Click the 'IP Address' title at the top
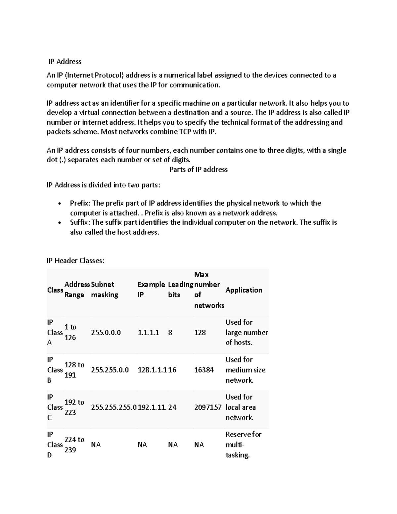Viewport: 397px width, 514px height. coord(65,62)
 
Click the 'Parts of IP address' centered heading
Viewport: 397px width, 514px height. coord(198,169)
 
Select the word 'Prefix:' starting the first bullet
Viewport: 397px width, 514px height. coord(79,203)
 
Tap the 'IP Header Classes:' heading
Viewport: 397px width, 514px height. coord(75,261)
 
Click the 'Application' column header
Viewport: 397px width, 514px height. coord(244,290)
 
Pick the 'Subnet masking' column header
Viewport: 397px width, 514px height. coord(104,290)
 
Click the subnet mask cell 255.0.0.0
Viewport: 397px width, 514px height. coord(106,332)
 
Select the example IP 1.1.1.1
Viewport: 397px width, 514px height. coord(148,332)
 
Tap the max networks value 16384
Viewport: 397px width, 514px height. coord(204,370)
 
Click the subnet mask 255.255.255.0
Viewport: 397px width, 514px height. coord(113,407)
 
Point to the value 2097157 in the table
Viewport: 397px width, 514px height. coord(207,407)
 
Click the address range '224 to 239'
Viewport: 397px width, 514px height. coord(74,444)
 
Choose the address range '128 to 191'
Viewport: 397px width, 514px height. coord(74,370)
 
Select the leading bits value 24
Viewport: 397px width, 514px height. coord(172,407)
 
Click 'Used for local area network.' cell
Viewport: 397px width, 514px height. coord(241,407)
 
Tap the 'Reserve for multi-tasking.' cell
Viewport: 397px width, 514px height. coord(243,444)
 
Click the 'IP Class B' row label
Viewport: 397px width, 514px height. coord(55,370)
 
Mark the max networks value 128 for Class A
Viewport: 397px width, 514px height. coord(200,332)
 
